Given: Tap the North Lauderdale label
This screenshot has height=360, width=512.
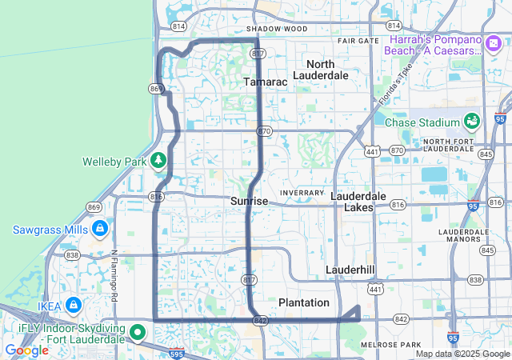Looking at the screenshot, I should [x=321, y=70].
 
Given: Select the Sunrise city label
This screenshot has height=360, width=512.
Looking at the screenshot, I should [x=249, y=202].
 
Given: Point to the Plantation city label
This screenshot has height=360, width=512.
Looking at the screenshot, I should [x=303, y=302].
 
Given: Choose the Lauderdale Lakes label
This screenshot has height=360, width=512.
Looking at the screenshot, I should [x=358, y=202].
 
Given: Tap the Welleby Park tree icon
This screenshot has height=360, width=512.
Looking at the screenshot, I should [x=158, y=161].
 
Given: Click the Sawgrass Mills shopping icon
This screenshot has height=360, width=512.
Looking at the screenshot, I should [x=99, y=230].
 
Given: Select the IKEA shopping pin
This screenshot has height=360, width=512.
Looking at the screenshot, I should [x=74, y=305].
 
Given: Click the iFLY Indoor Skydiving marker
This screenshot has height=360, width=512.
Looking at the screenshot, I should [x=138, y=330].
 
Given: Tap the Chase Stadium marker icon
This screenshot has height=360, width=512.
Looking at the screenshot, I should [x=471, y=122].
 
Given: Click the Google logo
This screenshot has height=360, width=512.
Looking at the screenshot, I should [x=26, y=350].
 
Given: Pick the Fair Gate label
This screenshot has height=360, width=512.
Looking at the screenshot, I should [x=358, y=40].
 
